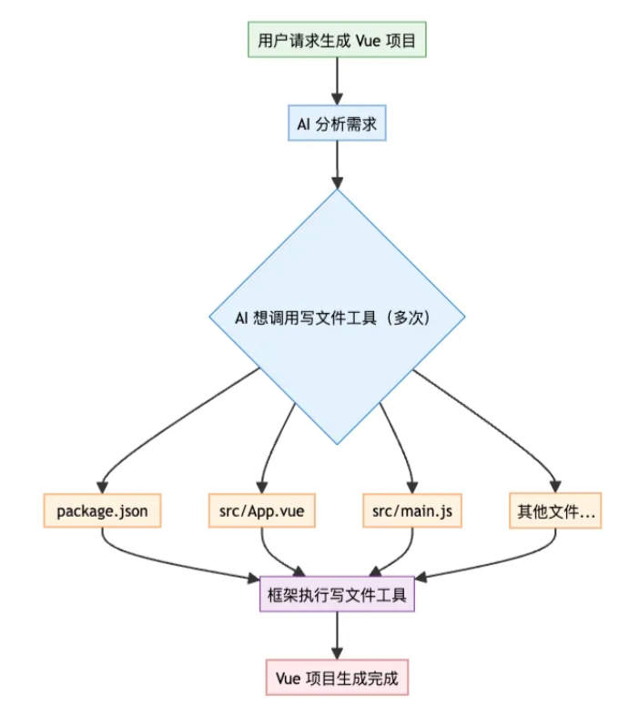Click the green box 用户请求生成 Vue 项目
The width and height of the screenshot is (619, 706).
337,41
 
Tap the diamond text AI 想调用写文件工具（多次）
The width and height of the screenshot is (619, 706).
337,319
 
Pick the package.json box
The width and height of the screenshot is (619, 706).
102,511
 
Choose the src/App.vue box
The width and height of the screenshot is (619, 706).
262,511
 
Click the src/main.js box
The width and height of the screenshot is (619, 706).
411,511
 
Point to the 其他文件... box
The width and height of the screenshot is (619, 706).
554,511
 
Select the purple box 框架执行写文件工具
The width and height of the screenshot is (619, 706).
337,595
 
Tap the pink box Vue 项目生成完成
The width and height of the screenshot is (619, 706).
337,678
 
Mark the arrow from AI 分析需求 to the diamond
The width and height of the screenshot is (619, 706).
337,164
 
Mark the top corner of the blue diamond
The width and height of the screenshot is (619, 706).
337,190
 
